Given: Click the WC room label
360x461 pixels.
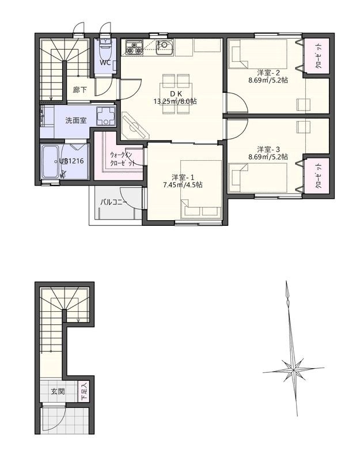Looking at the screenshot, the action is pos(105,63).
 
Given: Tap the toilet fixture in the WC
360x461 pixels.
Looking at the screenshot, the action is pos(105,48).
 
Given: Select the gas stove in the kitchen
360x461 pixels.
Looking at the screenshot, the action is pos(134,48).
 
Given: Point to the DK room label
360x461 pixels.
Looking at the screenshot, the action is pos(176,94).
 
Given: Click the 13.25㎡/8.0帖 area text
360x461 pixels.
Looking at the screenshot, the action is pos(175,102).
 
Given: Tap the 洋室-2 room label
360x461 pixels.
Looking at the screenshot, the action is pos(268,73).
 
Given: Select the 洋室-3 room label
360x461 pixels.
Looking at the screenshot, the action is pos(268,149).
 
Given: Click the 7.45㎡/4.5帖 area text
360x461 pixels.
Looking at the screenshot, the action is pos(183,185).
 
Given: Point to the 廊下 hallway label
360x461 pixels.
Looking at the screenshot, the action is pos(80,90).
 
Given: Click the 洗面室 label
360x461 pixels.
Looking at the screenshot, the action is pos(76,120).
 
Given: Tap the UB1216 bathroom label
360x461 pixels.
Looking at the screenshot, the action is pos(71,161).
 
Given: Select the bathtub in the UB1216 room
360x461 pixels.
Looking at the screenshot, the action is pos(50,162).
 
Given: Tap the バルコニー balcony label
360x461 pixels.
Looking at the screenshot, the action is pos(113,203).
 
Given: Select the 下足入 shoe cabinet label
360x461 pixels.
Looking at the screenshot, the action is pos(84,391).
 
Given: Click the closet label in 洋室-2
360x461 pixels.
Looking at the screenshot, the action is pos(319,56).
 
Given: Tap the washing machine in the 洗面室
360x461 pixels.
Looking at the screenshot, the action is pos(105,116).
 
